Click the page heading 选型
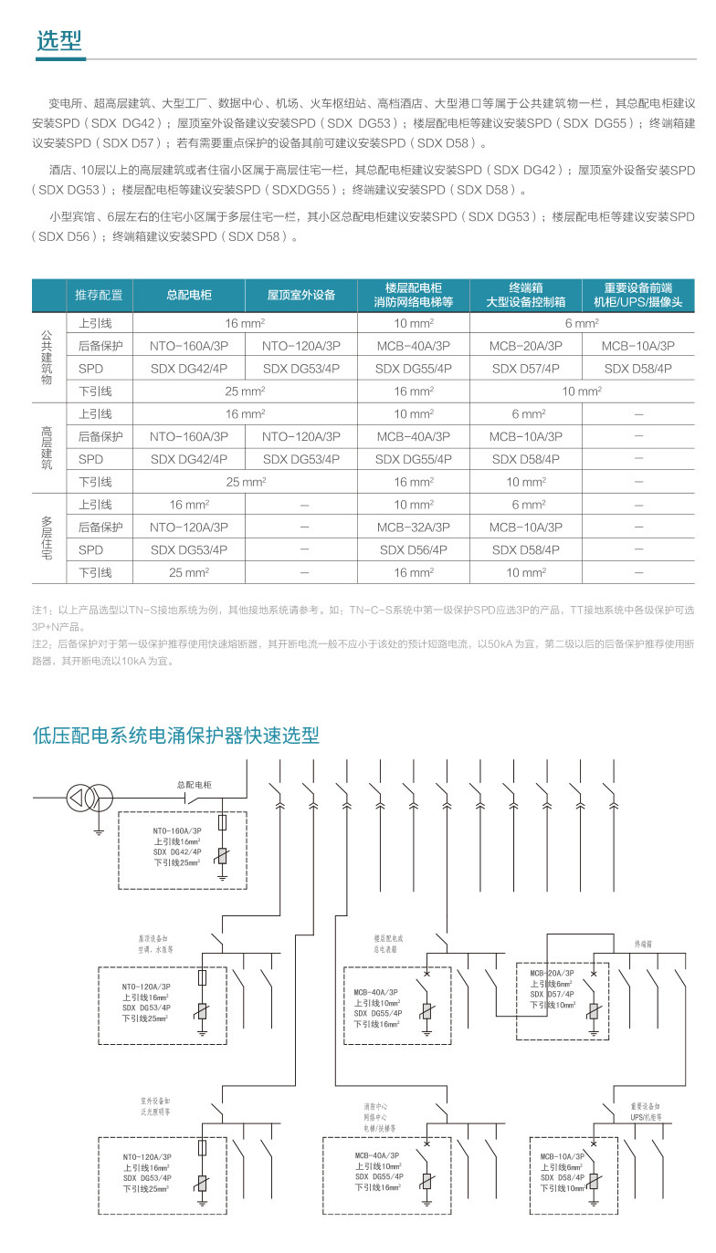pos(59,40)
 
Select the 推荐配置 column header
pos(99,295)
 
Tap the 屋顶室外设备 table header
pos(300,295)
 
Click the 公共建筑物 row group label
pos(47,357)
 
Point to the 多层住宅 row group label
pos(47,538)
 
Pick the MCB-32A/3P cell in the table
pos(413,527)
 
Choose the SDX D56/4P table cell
pos(413,550)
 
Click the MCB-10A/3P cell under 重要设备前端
pos(637,346)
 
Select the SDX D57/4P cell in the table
pos(525,369)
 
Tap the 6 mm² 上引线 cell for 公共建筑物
pos(581,323)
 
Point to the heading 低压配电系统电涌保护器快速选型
pos(175,735)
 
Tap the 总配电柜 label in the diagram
pos(194,784)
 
